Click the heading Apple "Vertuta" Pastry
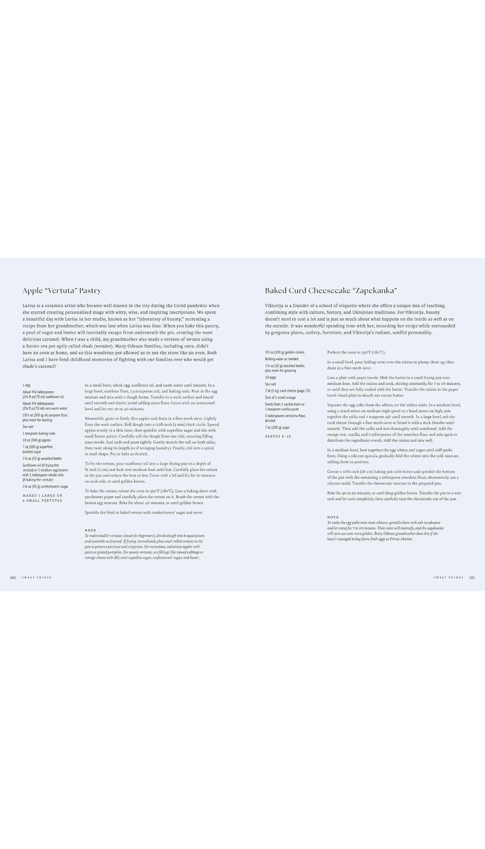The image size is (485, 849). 62,290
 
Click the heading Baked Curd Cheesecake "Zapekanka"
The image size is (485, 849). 331,290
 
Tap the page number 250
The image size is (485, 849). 13,577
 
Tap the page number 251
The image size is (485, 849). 472,577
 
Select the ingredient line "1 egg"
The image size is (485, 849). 26,385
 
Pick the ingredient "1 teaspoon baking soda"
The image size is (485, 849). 39,433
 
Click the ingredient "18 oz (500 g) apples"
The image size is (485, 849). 37,440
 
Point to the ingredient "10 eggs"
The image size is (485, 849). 270,377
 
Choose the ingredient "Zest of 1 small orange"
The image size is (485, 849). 280,397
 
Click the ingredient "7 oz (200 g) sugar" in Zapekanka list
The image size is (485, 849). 277,427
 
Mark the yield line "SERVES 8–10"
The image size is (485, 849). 278,436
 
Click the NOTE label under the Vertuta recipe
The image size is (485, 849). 91,530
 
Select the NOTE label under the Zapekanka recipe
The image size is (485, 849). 333,517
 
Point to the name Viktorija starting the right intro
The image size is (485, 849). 274,306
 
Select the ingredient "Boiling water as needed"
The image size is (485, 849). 282,359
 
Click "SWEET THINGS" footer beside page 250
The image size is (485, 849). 37,577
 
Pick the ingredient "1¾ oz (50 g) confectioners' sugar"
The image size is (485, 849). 45,486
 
